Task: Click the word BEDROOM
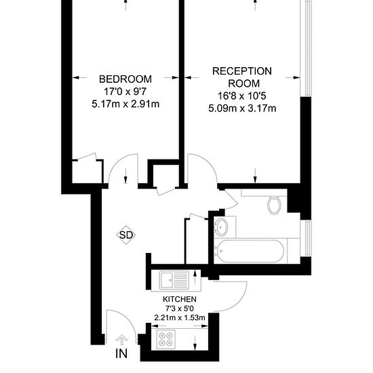(x=125, y=79)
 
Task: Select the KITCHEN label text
(x=180, y=299)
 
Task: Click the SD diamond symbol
(x=126, y=235)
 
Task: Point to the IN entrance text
(x=121, y=353)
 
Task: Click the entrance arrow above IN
(x=122, y=340)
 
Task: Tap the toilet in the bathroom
(x=275, y=204)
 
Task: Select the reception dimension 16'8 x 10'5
(x=242, y=96)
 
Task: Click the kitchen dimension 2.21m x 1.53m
(x=180, y=317)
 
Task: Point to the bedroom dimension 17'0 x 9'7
(x=125, y=92)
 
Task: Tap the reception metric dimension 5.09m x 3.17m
(x=242, y=107)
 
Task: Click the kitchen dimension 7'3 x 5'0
(x=180, y=309)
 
